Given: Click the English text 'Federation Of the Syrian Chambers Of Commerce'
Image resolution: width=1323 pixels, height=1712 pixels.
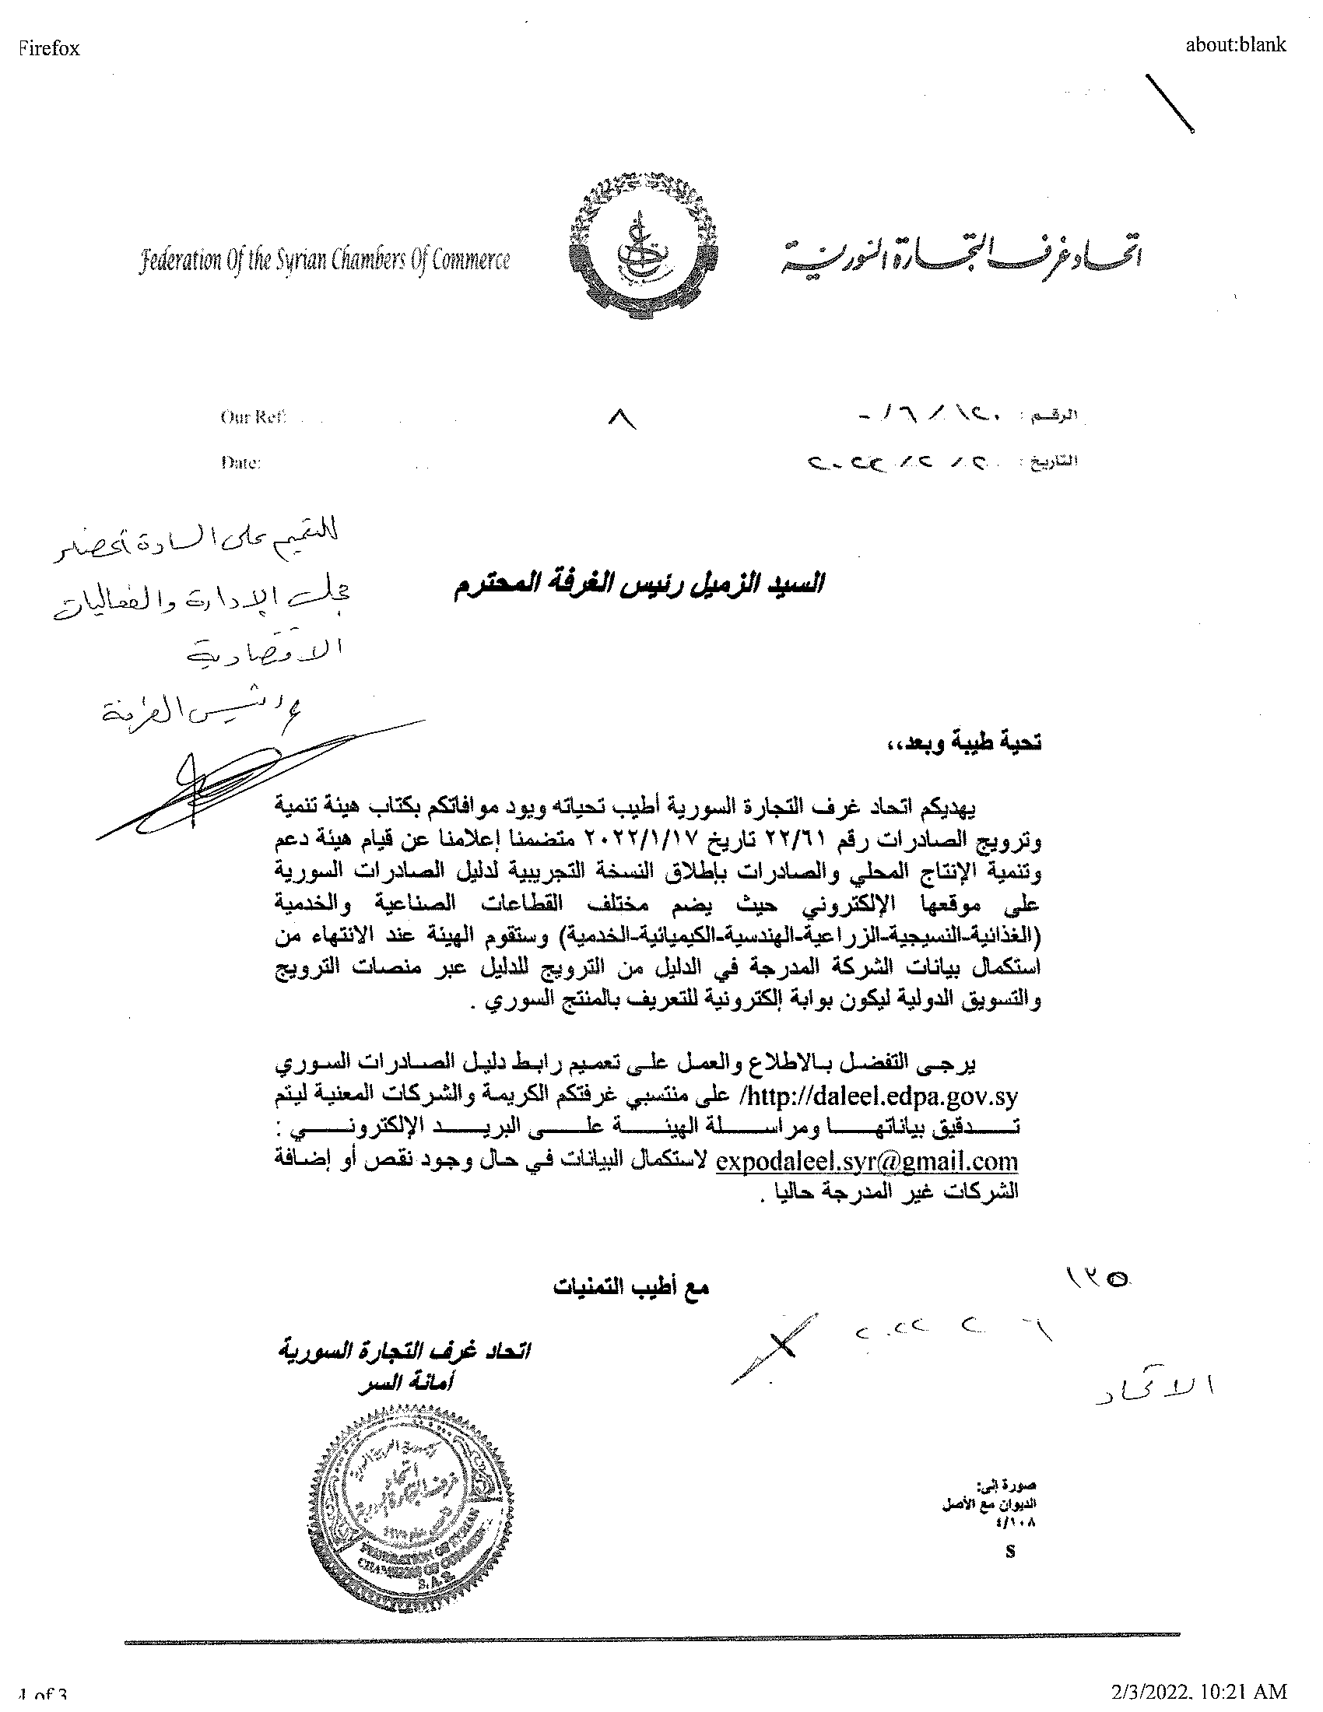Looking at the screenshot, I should pyautogui.click(x=325, y=260).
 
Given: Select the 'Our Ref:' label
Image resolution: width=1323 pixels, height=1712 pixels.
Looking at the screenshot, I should pyautogui.click(x=253, y=417).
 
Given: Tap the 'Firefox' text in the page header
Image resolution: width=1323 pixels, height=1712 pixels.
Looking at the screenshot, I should pyautogui.click(x=48, y=48).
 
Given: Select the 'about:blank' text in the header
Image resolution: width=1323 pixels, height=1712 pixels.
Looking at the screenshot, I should pyautogui.click(x=1235, y=44).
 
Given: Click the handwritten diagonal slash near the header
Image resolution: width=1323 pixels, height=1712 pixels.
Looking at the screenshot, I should pyautogui.click(x=1170, y=103).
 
